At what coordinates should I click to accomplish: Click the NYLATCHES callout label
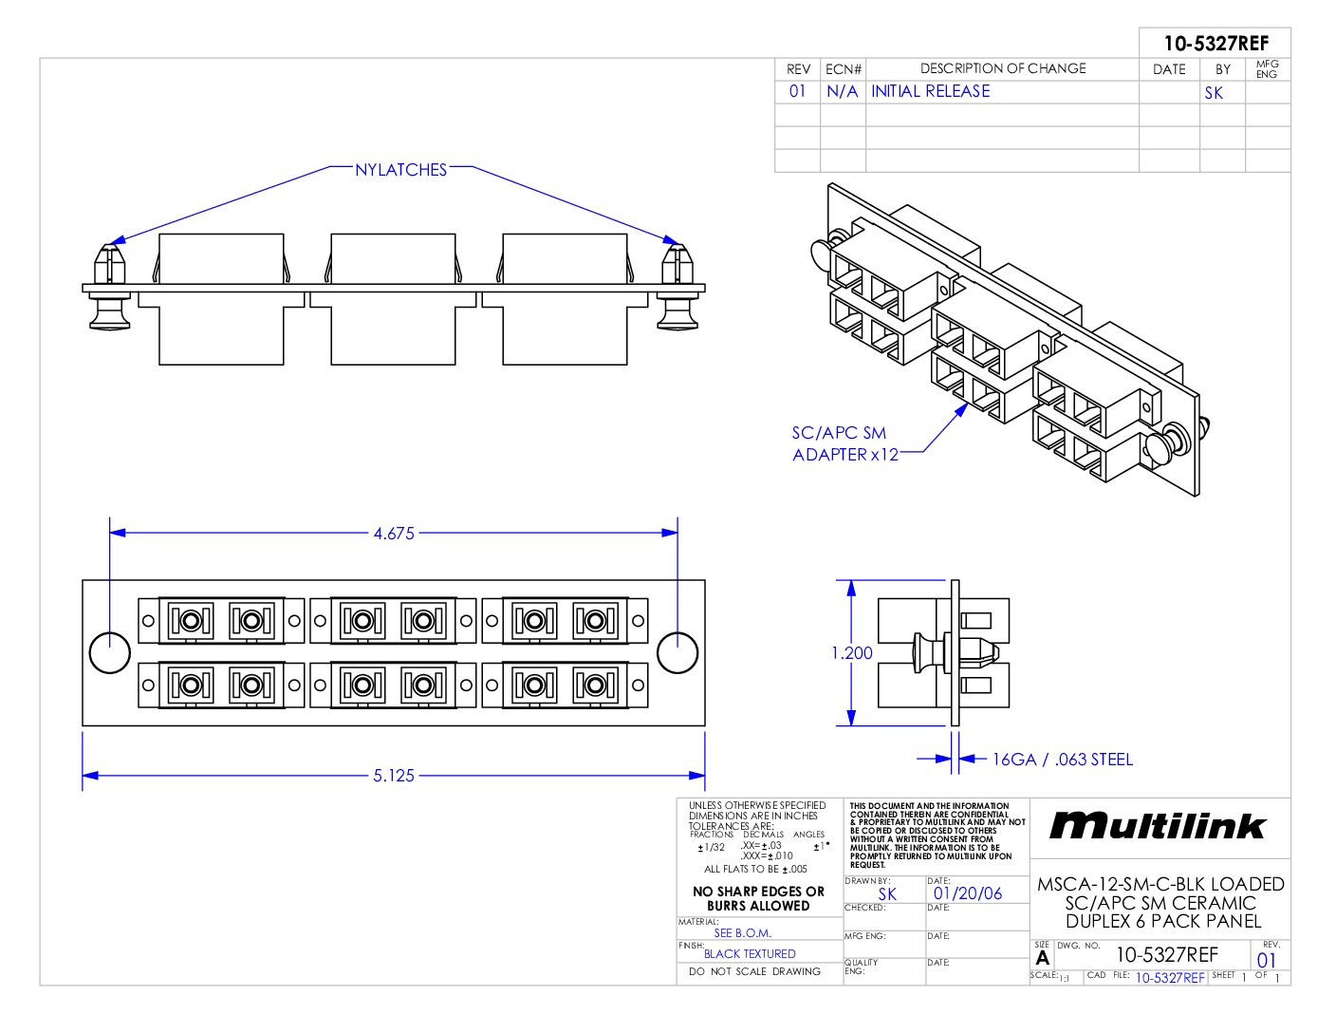(x=400, y=170)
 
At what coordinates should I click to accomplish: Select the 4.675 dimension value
(x=394, y=534)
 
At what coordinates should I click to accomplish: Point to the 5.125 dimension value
(x=394, y=776)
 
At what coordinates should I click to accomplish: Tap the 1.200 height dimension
(x=851, y=653)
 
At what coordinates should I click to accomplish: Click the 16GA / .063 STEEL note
(x=1062, y=760)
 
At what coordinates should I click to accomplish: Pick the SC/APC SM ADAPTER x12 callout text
(x=844, y=443)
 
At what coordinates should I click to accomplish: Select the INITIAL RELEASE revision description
(x=930, y=91)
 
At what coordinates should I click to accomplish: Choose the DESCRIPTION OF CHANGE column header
(x=1002, y=68)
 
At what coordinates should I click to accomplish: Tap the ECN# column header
(x=843, y=69)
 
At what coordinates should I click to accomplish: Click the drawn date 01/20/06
(x=967, y=893)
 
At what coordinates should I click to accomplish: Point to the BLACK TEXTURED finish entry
(x=750, y=954)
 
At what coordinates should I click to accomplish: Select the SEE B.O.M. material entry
(x=742, y=933)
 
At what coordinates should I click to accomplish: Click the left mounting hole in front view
(x=109, y=652)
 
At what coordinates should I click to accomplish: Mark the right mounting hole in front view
(x=677, y=652)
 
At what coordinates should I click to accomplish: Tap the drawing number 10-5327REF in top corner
(x=1215, y=44)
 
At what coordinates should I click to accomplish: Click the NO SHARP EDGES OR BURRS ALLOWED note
(x=758, y=898)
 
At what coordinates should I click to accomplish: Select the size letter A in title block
(x=1043, y=957)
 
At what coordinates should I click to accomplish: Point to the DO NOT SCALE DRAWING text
(x=754, y=972)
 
